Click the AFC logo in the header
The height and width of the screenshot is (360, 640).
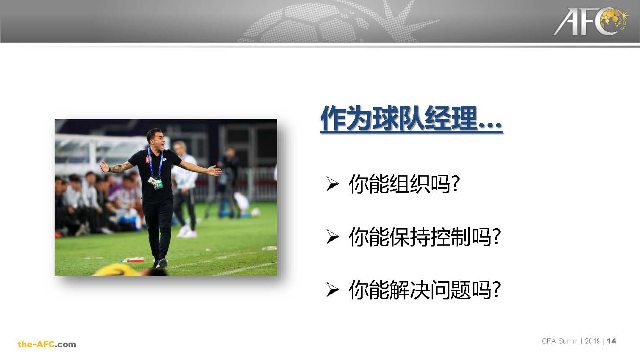591,21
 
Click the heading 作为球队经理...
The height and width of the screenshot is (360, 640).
399,118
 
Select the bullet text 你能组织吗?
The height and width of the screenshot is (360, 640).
404,184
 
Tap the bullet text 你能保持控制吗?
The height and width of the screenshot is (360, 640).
424,237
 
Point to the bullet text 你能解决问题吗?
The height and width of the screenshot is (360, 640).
424,290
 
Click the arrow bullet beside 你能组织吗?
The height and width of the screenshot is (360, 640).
332,184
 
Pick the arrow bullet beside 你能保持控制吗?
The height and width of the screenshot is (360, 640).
332,237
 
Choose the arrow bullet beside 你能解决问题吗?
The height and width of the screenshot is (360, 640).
332,290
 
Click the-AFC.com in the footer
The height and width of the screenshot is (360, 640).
47,344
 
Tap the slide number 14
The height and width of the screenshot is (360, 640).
612,341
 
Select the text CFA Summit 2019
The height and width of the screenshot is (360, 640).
571,341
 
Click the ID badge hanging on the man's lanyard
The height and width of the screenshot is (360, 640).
155,182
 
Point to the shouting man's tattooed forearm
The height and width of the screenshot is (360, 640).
119,167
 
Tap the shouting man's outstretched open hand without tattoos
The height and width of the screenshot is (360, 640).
214,171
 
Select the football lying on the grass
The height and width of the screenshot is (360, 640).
255,212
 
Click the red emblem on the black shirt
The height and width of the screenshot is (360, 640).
148,159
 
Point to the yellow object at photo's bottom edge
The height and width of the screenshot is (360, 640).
119,270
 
